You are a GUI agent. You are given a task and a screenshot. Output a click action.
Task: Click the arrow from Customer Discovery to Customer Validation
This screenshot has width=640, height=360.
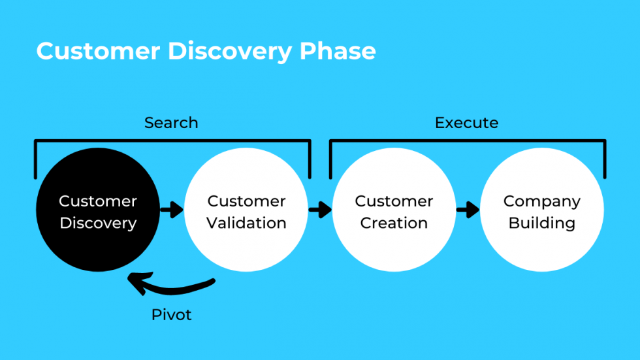click(172, 210)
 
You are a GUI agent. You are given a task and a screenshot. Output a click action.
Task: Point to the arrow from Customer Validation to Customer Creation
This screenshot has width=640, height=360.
click(320, 210)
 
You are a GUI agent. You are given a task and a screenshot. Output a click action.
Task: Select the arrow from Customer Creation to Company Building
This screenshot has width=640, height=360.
click(468, 210)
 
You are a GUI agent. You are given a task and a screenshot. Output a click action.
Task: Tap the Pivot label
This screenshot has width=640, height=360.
click(172, 314)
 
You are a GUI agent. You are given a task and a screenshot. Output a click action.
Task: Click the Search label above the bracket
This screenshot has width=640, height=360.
click(171, 123)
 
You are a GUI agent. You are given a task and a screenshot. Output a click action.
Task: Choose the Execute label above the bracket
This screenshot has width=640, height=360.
click(466, 123)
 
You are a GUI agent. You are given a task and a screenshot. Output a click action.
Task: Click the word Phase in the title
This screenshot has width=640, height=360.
click(338, 51)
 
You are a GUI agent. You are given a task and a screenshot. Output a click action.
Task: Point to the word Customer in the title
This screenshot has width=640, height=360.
click(97, 51)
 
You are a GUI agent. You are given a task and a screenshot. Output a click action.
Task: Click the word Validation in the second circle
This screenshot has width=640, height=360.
click(246, 223)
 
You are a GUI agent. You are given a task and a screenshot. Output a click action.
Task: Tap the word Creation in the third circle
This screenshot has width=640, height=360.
click(394, 223)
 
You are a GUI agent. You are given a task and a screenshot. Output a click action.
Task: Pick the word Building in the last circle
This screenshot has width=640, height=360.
click(542, 223)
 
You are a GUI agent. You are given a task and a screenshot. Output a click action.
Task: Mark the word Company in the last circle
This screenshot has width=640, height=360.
click(542, 201)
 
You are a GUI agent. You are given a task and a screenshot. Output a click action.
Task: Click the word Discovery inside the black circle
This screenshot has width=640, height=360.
click(98, 223)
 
